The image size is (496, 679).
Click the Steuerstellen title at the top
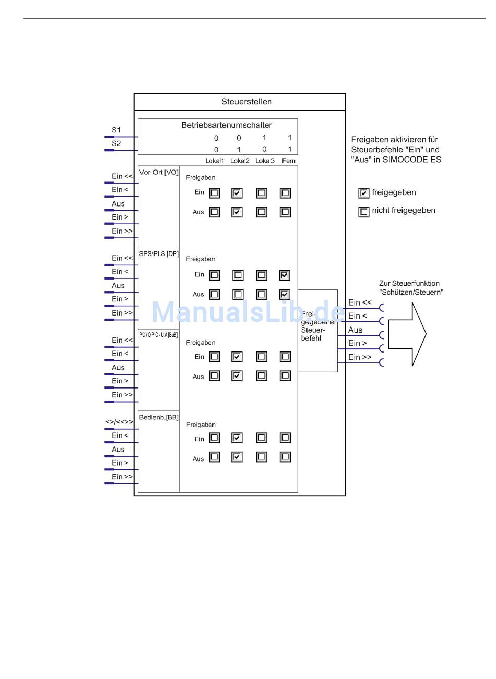coord(246,102)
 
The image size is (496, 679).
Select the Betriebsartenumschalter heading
coord(226,125)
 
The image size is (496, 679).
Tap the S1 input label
coord(116,130)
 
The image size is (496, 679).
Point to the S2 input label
coord(116,143)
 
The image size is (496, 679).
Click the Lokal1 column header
coord(214,161)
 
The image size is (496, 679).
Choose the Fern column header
coord(289,161)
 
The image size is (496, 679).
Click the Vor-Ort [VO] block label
coord(159,173)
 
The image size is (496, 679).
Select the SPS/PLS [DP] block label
coord(159,254)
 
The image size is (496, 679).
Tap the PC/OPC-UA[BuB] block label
coord(159,335)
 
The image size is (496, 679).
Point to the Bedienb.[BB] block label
coord(159,417)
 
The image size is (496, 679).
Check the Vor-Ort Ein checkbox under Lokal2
coord(237,193)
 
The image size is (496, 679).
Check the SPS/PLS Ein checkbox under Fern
coord(285,275)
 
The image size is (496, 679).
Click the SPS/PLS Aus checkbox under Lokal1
coord(214,294)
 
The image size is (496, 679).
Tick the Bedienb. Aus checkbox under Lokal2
coord(237,457)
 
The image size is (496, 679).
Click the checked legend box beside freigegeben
coord(364,193)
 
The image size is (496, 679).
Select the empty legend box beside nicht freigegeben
coord(364,211)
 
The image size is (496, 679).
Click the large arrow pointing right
coord(407,334)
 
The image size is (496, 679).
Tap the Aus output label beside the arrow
coord(355,330)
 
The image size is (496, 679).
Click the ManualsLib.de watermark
coord(248,312)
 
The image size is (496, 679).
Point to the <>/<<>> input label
coord(120,422)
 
